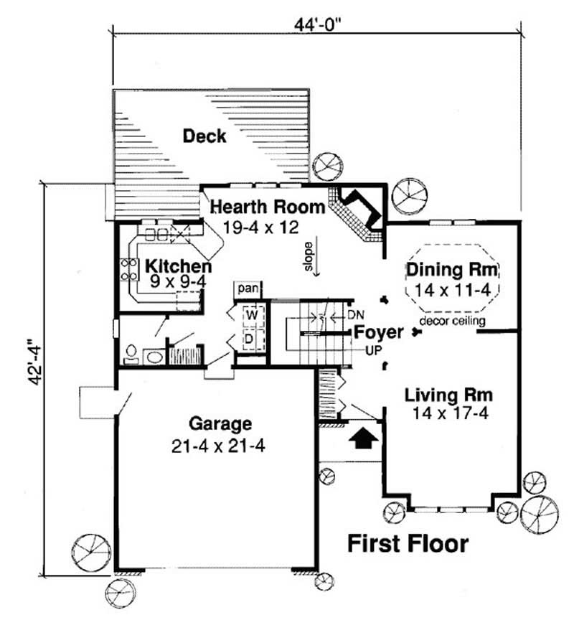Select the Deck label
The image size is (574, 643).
tap(204, 136)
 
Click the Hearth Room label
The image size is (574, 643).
tap(268, 207)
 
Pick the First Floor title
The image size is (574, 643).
tap(408, 543)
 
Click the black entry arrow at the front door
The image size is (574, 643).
tap(363, 437)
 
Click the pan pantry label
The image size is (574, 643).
tap(248, 288)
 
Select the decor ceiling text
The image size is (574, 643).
tap(452, 321)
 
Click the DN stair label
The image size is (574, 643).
tap(357, 315)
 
